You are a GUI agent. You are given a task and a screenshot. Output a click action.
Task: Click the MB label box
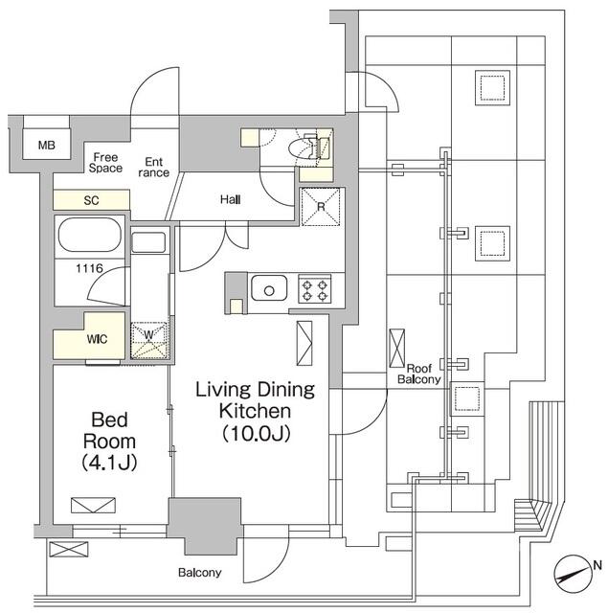coord(47,146)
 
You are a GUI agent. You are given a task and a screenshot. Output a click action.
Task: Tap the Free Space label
coord(105,161)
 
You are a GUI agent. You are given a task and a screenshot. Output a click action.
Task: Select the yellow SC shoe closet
coord(92,200)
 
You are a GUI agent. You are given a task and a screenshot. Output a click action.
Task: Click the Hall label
coord(230,199)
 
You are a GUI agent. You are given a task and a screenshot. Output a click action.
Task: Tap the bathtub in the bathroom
coord(89,234)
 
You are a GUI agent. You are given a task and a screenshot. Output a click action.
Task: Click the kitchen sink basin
coord(268,287)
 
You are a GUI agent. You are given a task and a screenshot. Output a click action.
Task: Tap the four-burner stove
coord(315,287)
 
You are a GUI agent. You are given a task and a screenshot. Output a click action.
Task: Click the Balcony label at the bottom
coord(199,574)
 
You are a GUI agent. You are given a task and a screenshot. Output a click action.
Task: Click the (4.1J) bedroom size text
coord(113,463)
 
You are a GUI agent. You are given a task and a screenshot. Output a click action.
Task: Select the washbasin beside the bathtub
coord(148,242)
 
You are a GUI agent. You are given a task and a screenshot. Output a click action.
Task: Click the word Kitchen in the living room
coord(254,411)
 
